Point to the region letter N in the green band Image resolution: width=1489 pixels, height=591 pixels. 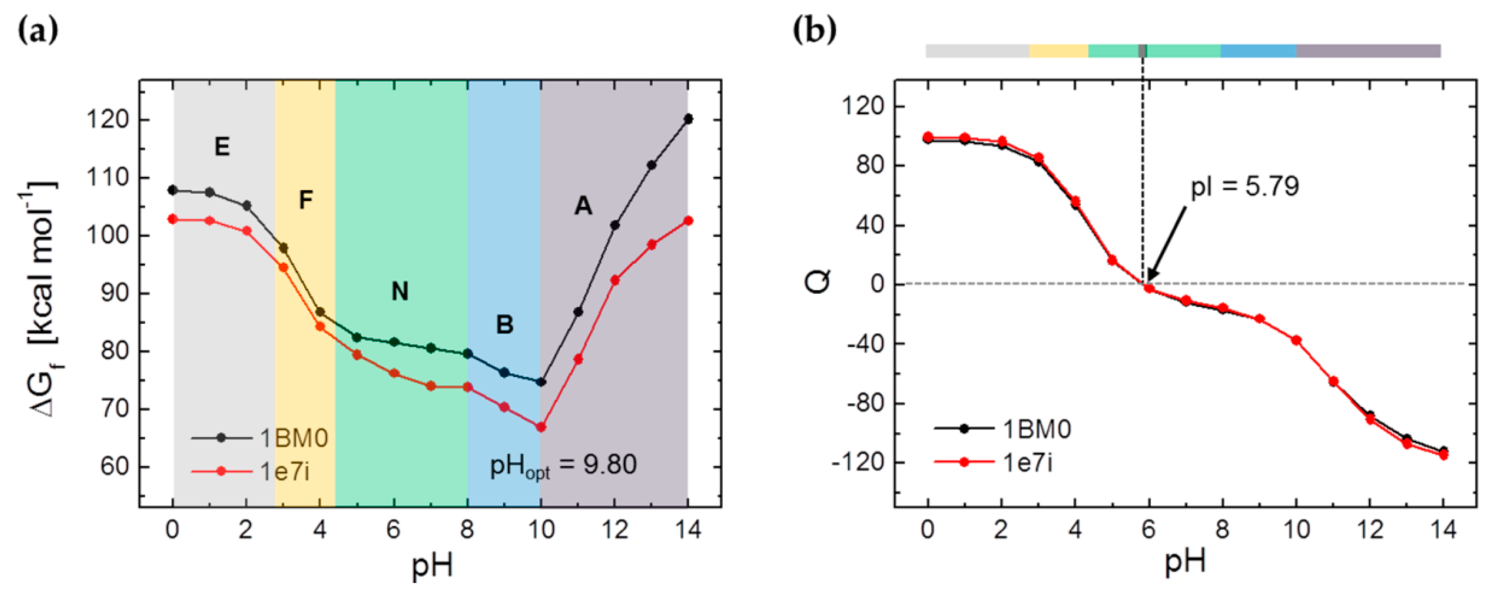click(400, 291)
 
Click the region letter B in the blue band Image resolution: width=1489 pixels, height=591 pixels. click(504, 325)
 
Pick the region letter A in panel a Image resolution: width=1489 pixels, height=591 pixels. click(583, 206)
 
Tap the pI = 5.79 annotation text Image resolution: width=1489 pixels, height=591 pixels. click(1245, 186)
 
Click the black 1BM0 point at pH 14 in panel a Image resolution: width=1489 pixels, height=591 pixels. click(688, 119)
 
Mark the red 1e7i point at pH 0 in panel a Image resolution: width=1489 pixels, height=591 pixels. click(172, 219)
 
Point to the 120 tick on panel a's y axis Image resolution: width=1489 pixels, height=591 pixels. click(110, 120)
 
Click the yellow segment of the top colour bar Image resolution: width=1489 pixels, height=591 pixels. click(1058, 51)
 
